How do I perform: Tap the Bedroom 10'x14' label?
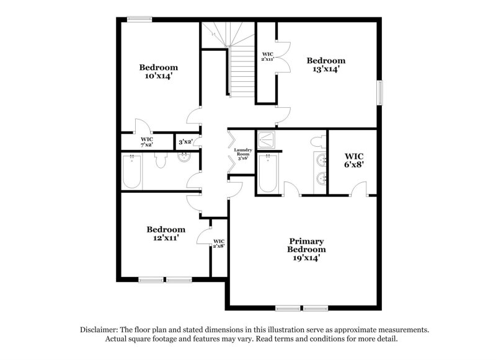click(158, 71)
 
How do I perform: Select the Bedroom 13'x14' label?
click(326, 64)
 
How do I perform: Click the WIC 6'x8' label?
click(354, 160)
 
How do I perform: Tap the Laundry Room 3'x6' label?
click(241, 154)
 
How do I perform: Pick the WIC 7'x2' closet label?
click(146, 142)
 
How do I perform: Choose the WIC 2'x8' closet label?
click(219, 244)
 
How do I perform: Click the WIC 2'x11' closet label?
click(268, 57)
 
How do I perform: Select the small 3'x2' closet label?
click(185, 142)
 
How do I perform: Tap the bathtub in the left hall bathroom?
click(133, 172)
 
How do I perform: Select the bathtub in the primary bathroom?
click(269, 172)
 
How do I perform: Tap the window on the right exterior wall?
click(381, 93)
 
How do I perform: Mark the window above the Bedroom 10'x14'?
click(139, 20)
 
